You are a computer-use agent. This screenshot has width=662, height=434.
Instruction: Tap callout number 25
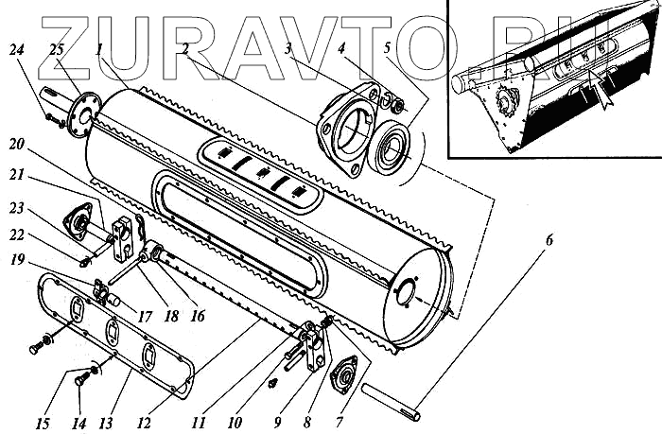coord(57,49)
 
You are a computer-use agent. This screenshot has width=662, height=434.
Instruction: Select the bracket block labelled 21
coord(122,236)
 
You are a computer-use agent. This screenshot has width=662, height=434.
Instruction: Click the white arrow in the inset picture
coord(597,91)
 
